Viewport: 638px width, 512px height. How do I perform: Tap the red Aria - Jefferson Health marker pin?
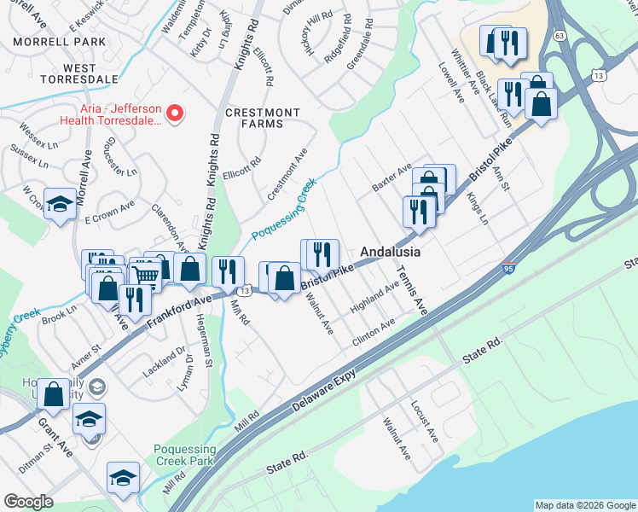click(176, 113)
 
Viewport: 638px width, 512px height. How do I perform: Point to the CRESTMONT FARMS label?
click(263, 118)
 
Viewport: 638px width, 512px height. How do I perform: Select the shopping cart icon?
click(145, 274)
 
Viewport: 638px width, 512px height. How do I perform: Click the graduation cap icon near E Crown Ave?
click(59, 203)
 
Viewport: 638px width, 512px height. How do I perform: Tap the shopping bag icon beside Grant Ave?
click(53, 394)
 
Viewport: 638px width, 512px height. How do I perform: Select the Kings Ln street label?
click(478, 208)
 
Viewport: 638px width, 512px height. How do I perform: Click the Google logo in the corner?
click(29, 502)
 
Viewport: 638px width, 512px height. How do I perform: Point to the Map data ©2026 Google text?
click(584, 505)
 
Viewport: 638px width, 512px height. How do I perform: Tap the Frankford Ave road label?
click(178, 313)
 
